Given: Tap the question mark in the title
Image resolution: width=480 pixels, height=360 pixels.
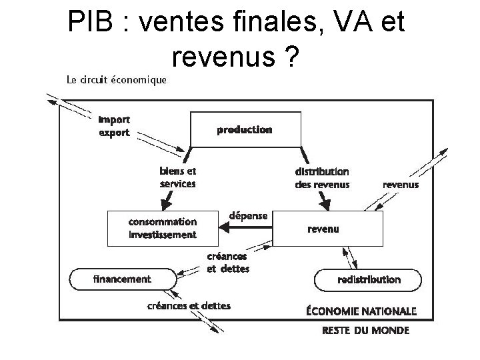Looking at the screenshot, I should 290,59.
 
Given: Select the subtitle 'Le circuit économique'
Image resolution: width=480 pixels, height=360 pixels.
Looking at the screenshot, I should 117,81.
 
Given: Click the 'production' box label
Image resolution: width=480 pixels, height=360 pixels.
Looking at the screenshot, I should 245,129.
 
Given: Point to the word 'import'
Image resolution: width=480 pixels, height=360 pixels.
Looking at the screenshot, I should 114,120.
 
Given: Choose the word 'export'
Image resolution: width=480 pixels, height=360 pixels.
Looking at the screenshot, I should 114,132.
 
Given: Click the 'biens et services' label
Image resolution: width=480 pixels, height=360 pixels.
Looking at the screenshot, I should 178,177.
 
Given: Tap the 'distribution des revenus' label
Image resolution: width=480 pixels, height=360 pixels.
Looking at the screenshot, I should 322,178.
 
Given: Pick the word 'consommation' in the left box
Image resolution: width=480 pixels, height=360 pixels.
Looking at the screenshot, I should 163,221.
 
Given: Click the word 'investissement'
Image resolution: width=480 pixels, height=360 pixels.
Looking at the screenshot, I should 163,234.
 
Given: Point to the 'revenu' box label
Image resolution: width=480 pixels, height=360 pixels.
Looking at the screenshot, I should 323,229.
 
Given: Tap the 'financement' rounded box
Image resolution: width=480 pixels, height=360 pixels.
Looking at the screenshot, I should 121,279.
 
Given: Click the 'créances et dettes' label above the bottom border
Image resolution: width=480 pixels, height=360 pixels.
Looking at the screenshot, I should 189,306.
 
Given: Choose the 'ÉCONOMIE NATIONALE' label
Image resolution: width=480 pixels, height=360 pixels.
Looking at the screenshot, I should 361,311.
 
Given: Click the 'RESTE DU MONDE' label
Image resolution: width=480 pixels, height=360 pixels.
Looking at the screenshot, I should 365,330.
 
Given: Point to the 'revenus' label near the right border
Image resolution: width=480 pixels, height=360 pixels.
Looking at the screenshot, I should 401,184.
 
